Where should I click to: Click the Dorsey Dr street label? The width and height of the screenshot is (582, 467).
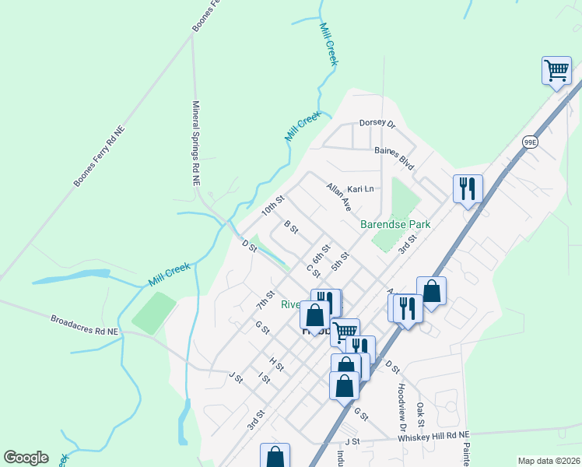pyautogui.click(x=377, y=123)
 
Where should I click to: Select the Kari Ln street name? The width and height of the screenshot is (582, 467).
pyautogui.click(x=360, y=189)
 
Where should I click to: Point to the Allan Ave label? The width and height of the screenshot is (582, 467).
pyautogui.click(x=339, y=197)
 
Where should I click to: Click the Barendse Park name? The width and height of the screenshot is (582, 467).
pyautogui.click(x=395, y=224)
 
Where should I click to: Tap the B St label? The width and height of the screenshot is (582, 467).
pyautogui.click(x=292, y=226)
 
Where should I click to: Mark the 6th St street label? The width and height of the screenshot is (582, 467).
pyautogui.click(x=321, y=254)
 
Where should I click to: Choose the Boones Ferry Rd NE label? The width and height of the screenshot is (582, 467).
pyautogui.click(x=100, y=156)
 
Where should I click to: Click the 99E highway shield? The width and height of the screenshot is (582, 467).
pyautogui.click(x=530, y=142)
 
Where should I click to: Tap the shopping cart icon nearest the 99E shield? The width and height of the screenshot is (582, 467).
pyautogui.click(x=556, y=72)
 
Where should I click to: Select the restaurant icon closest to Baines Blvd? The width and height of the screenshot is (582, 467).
pyautogui.click(x=468, y=189)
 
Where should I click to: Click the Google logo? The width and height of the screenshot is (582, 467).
pyautogui.click(x=26, y=458)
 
